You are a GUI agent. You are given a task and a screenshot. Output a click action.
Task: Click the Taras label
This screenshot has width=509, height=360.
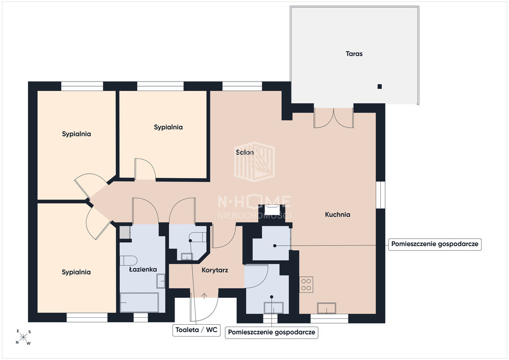tap(354, 54)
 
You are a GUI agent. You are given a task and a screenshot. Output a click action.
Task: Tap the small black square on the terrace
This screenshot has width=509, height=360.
tap(379, 87)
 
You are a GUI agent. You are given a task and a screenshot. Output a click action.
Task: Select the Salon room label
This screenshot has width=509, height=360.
tap(245, 152)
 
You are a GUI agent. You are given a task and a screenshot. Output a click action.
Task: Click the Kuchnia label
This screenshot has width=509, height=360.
tap(338, 214)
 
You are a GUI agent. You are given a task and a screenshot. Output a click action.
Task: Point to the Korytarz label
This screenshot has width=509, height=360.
tap(215, 270)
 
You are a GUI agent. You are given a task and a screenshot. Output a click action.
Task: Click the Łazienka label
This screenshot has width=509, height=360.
tap(143, 269)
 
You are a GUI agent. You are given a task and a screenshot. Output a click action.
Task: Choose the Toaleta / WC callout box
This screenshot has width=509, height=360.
tap(196, 330)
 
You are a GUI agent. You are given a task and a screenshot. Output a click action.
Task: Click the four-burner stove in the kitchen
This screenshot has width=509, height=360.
tap(306, 284)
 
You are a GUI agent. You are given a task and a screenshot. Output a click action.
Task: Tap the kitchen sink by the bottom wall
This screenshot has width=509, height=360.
tap(327, 308)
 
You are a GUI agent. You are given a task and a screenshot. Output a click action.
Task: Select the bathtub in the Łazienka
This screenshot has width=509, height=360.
tap(139, 302)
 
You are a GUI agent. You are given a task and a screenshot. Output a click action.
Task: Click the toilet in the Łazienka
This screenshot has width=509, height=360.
tap(128, 261)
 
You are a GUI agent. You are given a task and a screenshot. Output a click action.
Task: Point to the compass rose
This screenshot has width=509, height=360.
tap(23, 337)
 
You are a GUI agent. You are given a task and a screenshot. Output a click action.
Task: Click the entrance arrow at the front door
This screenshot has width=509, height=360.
tap(204, 296)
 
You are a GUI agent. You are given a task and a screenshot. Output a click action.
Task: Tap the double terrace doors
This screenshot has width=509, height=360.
tap(334, 117)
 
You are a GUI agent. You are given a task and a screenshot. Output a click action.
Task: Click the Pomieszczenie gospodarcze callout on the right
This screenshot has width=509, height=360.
tap(434, 244)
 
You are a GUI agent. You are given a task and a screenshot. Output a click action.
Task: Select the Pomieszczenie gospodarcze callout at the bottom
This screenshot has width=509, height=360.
tap(271, 332)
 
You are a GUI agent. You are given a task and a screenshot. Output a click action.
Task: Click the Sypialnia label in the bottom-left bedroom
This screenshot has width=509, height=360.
tap(76, 272)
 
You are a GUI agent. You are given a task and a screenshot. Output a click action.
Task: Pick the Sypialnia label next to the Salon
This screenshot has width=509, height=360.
tap(168, 127)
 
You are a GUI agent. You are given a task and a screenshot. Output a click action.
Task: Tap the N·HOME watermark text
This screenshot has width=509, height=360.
tap(254, 201)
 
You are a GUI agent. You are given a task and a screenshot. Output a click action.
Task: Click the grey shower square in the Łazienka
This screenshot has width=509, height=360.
tap(124, 232)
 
